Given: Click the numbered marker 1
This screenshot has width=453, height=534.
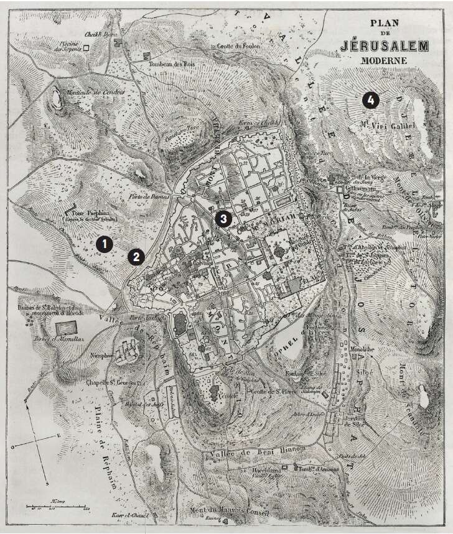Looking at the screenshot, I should point(104,245).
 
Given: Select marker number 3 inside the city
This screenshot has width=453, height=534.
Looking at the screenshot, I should point(223,218).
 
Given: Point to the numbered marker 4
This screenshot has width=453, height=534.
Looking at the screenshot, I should point(370,99).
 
